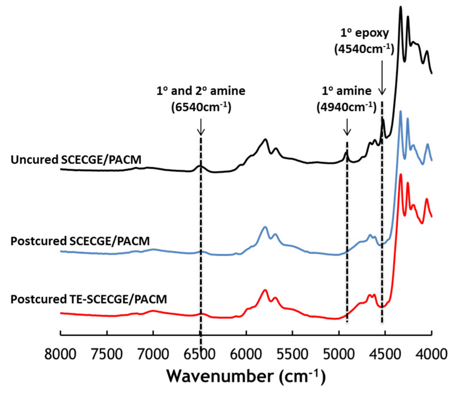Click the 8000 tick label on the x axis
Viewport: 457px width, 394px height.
point(60,354)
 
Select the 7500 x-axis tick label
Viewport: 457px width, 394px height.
point(107,354)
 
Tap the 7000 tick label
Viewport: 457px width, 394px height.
point(153,354)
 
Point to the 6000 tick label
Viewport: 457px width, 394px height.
point(247,354)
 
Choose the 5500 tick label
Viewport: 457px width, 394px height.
point(293,354)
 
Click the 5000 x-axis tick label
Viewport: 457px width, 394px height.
point(339,354)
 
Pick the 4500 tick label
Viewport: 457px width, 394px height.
point(386,354)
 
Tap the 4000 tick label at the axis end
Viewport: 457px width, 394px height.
point(431,354)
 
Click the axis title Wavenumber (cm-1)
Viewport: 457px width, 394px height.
point(246,376)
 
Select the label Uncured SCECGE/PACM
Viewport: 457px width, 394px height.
point(76,160)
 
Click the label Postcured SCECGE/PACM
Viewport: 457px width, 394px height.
point(80,241)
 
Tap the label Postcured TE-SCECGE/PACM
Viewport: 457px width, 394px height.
point(89,299)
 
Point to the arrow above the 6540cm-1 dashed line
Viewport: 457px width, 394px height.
point(201,127)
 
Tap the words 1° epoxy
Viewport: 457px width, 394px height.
point(364,33)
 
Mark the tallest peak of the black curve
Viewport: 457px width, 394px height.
point(401,7)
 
